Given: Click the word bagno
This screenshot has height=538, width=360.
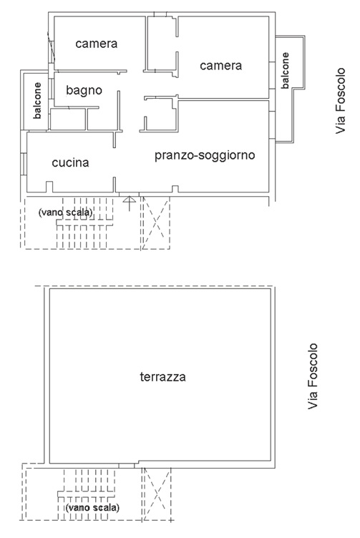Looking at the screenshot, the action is pos(84,91).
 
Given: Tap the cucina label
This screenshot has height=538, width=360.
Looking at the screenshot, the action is pos(70,162).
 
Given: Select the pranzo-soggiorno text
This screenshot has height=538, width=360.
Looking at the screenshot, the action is pos(205,155).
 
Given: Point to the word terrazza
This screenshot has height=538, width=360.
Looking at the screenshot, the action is pos(163,377).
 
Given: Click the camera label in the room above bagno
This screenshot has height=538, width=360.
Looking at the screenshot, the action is pos(97,44).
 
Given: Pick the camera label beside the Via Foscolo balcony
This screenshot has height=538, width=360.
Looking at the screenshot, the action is pos(221,66).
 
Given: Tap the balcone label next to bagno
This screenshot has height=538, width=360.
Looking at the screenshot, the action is pos(37,101).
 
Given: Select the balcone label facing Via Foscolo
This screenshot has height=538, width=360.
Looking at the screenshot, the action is pos(285,71).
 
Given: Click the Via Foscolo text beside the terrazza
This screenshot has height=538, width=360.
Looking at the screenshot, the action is pos(312,376).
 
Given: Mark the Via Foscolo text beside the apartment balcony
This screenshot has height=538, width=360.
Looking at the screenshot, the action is pos(341,101).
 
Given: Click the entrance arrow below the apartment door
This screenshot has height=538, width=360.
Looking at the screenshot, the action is pos(129,203).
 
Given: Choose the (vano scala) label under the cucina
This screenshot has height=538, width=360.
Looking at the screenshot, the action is pos(66,212).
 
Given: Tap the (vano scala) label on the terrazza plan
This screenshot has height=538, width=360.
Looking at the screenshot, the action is pos(92,507).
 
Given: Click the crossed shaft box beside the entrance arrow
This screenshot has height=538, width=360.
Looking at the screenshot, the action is pos(156,222).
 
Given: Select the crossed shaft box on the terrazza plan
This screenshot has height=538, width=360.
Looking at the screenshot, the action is pos(157,494).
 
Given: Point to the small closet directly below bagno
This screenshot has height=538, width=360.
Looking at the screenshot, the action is pos(68,119).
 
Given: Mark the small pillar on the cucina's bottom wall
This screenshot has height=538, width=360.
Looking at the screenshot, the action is pos(49,187).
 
